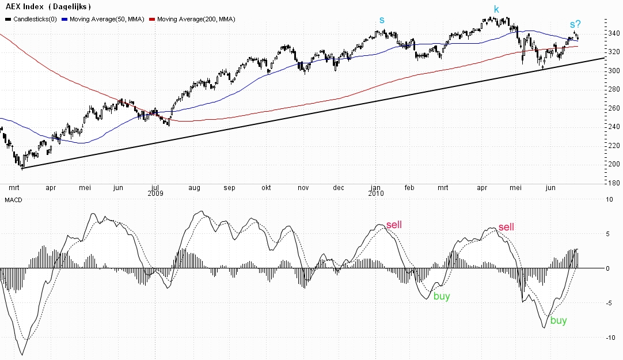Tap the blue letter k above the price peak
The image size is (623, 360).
click(x=496, y=9)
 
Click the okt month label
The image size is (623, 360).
click(x=265, y=188)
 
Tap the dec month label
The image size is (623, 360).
click(x=339, y=188)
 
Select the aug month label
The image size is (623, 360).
click(x=194, y=188)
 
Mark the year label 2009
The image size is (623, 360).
click(x=155, y=194)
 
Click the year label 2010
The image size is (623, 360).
click(x=376, y=194)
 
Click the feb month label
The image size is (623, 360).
click(x=409, y=188)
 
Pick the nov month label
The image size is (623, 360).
click(x=303, y=188)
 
